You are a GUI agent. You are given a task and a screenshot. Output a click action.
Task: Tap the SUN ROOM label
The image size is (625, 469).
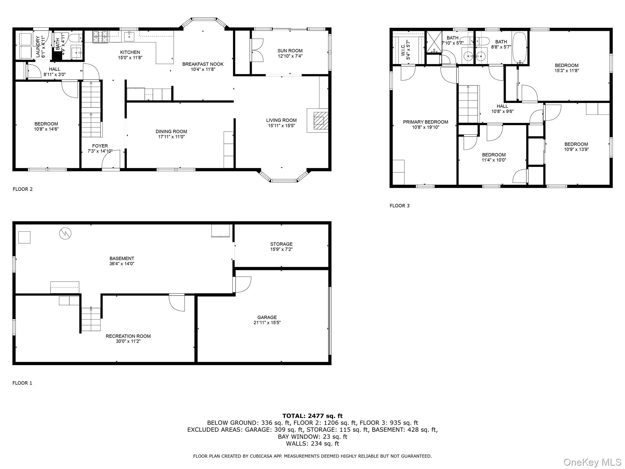pos(290,51)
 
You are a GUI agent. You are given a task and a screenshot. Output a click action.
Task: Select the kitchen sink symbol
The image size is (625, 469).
pos(129,36)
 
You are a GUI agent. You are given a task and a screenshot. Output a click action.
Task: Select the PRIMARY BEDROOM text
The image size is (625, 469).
pos(425,122)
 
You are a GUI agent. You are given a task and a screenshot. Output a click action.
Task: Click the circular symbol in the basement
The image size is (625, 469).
pos(65,234)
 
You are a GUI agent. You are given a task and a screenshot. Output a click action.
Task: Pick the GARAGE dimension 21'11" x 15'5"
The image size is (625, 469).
pos(267,322)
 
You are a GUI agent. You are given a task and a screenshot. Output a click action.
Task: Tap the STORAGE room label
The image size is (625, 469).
pos(281,244)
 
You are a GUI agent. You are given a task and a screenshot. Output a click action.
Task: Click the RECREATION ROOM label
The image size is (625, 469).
pos(128,336)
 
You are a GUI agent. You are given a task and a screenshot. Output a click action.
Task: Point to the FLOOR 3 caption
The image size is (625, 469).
pos(399,205)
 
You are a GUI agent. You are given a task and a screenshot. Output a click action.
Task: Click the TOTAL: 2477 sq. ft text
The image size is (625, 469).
pos(312,416)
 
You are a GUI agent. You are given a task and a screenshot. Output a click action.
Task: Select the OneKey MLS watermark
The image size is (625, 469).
pos(592,462)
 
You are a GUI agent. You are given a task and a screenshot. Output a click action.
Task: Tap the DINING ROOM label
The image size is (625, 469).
pos(171,131)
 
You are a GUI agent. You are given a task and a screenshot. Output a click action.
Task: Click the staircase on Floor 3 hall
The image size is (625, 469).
pos(469,104)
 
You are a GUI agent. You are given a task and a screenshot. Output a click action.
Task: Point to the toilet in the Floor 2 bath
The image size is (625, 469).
pos(75,38)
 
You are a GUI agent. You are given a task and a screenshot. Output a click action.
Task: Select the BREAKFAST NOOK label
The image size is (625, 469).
pos(203,64)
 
